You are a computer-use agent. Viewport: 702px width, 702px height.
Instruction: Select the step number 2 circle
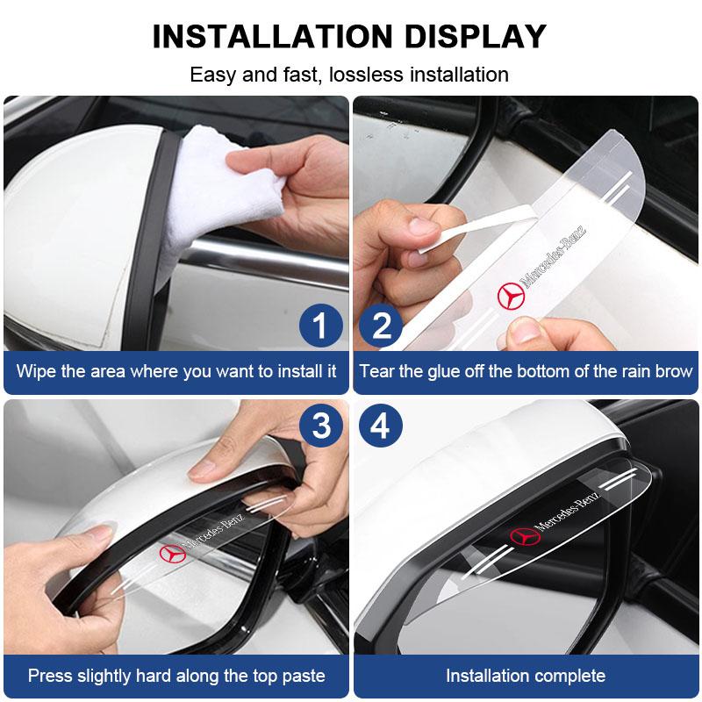point(382,326)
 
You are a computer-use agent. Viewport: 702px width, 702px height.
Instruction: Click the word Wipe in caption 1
point(38,371)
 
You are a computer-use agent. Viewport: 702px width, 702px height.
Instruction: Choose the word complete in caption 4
point(567,676)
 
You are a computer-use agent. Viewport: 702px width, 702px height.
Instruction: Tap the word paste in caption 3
point(303,676)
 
